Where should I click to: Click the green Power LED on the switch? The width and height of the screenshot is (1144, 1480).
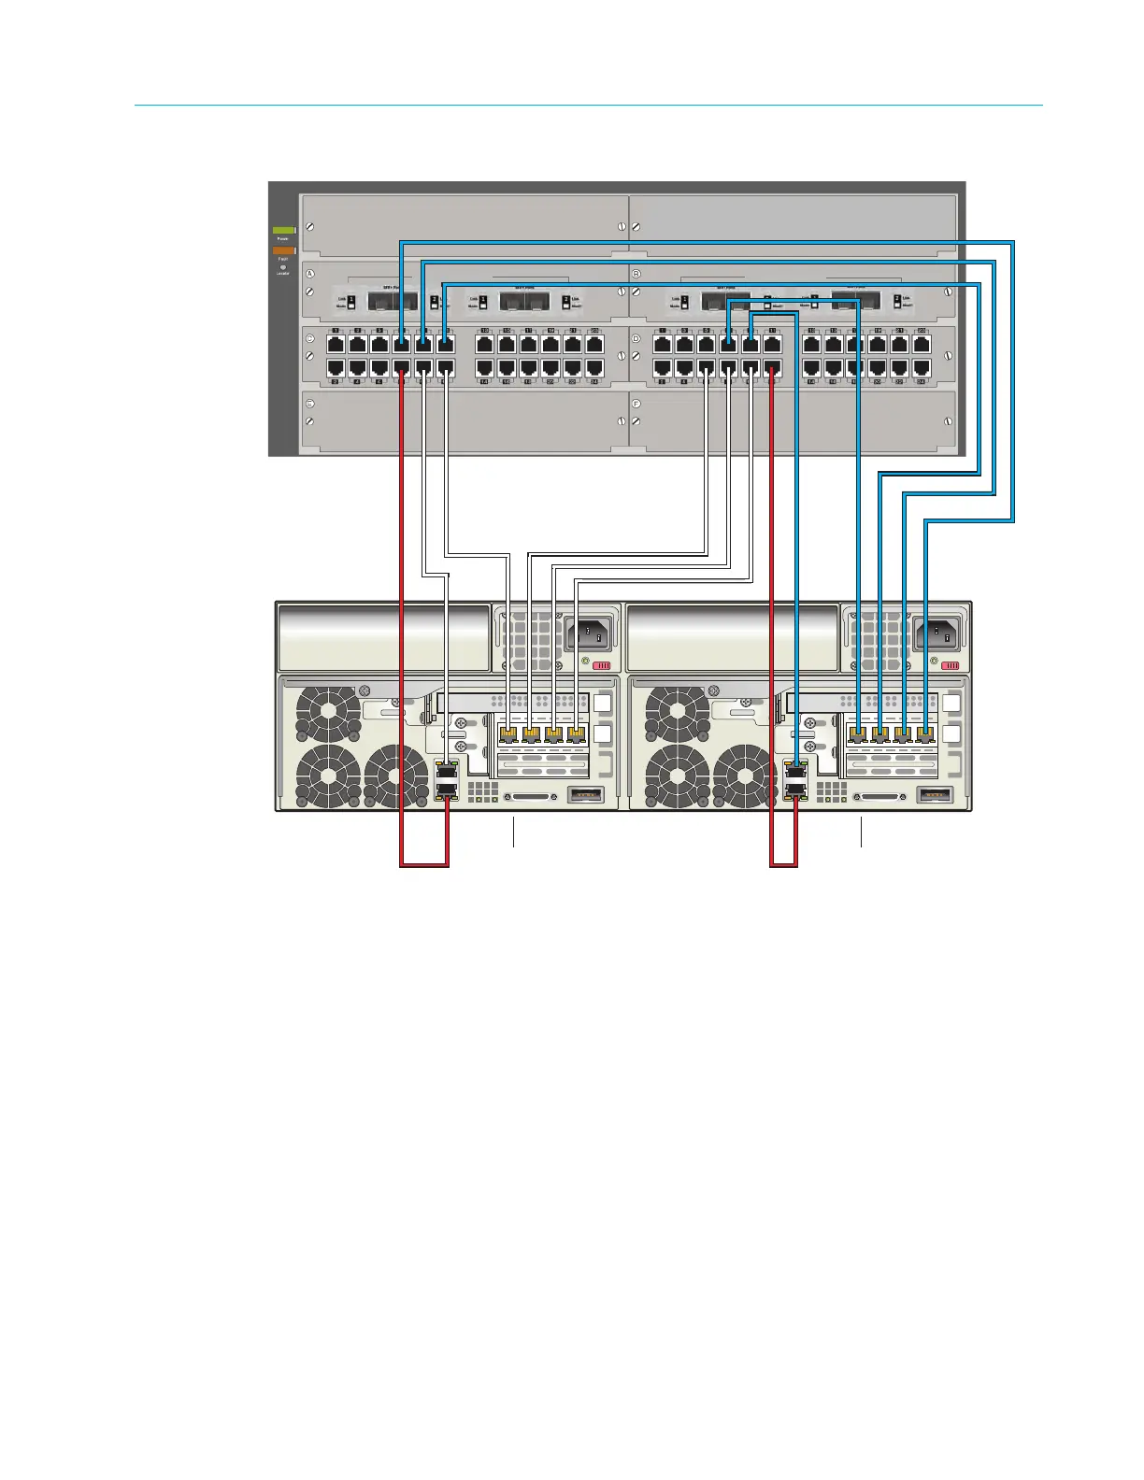(283, 230)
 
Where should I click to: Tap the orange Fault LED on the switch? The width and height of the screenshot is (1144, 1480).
(283, 250)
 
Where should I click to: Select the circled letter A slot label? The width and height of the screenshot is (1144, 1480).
(310, 274)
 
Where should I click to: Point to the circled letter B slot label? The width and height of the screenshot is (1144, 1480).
(636, 274)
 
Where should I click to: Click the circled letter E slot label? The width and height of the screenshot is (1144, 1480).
(310, 403)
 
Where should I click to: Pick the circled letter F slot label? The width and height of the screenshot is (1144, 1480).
(636, 403)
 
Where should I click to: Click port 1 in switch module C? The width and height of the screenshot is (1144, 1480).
(335, 345)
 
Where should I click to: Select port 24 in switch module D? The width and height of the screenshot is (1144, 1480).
(922, 369)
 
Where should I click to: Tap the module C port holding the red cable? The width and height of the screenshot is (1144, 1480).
(402, 369)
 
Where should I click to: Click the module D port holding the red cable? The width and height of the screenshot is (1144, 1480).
(773, 369)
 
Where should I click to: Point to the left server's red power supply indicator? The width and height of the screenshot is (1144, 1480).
(603, 666)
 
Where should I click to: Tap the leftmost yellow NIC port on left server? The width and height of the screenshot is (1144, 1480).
(508, 734)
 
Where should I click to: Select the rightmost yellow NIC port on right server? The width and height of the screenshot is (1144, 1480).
(925, 734)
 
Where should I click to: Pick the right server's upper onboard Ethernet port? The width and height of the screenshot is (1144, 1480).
(795, 769)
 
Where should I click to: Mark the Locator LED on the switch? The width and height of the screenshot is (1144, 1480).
(283, 267)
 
